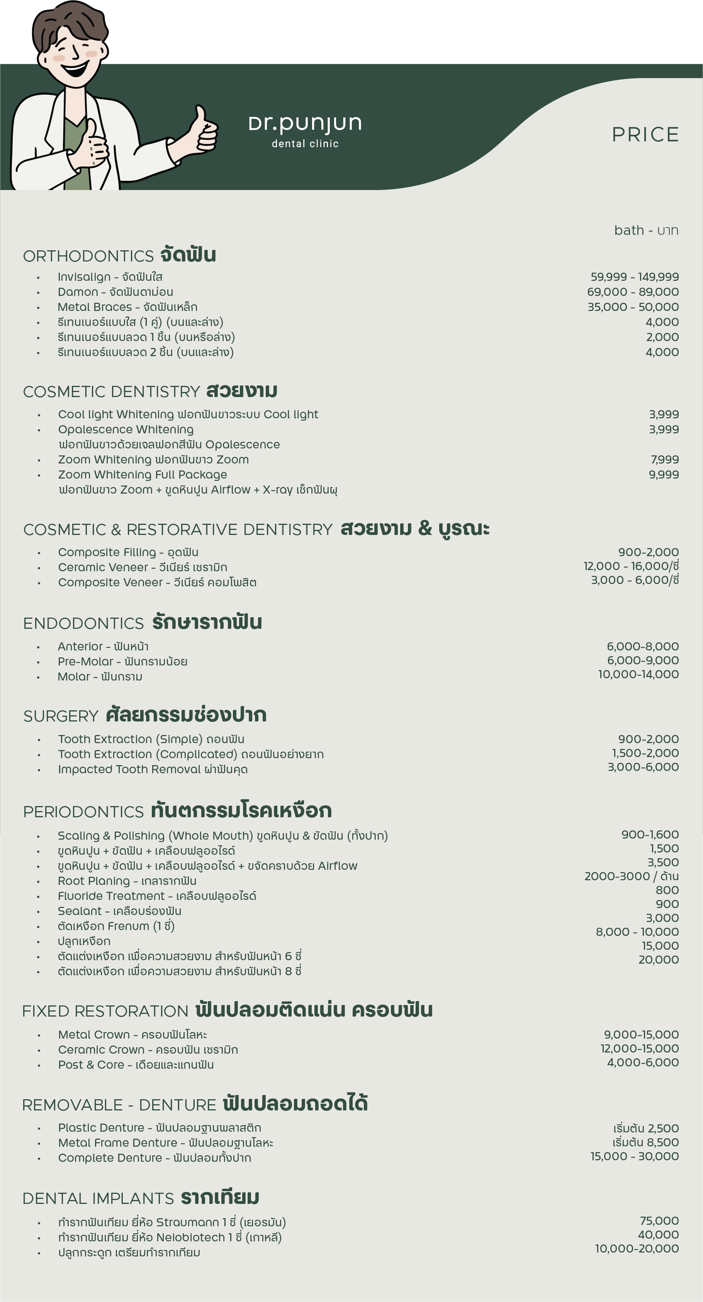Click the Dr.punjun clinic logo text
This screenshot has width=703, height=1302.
(x=305, y=124)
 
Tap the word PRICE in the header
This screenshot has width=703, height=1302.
(x=645, y=135)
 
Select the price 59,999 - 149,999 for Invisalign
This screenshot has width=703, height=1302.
(x=634, y=277)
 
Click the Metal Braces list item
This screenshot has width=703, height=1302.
(x=127, y=307)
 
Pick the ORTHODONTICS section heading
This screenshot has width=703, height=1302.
(x=88, y=256)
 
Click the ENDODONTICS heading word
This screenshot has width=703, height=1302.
(x=83, y=624)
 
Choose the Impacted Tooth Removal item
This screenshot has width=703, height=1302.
(x=153, y=769)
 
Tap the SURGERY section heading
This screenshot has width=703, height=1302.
(x=61, y=716)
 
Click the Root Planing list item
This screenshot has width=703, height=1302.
(x=127, y=881)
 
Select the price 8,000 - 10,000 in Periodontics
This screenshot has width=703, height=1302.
(x=637, y=932)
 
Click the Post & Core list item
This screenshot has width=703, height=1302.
(x=136, y=1065)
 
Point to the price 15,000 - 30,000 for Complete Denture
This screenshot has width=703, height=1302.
(x=634, y=1156)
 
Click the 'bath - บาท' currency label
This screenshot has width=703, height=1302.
(x=646, y=231)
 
